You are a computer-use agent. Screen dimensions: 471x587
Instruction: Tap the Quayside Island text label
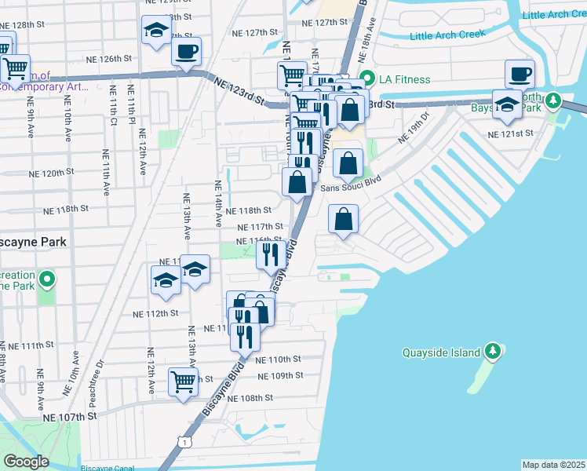[x=441, y=352]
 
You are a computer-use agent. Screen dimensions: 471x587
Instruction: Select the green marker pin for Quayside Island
[x=493, y=350]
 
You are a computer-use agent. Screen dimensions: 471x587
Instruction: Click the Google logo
[x=26, y=461]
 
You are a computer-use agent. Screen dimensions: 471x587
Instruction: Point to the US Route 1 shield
[x=183, y=444]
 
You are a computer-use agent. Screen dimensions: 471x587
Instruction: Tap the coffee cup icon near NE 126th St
[x=186, y=52]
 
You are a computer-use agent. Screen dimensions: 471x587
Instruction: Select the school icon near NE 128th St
[x=155, y=31]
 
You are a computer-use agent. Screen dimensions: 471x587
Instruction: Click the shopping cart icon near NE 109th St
[x=183, y=382]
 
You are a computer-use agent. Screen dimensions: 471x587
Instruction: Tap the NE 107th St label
[x=69, y=416]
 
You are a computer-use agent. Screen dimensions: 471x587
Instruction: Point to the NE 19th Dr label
[x=414, y=127]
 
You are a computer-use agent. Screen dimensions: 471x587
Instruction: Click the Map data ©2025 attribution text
[x=553, y=465]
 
